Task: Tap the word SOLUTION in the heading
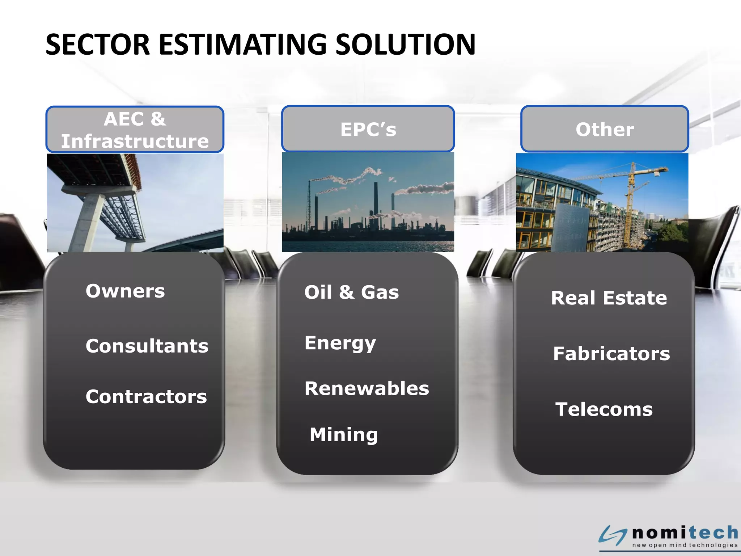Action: pos(405,45)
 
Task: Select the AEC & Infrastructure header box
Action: pos(135,130)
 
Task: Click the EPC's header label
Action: pos(368,129)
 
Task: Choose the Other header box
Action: pos(604,129)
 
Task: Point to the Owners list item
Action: pos(125,291)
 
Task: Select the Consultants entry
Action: pos(147,346)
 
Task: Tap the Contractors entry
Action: pos(146,396)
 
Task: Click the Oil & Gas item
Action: pos(351,292)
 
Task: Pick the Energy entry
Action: pos(340,343)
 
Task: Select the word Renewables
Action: pos(367,388)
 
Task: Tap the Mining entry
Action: pos(344,434)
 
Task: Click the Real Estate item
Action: pos(609,298)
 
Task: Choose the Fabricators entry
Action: pos(611,354)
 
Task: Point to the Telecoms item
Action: pos(604,409)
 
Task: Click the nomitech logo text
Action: pos(685,532)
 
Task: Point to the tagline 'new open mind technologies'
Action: pos(685,545)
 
